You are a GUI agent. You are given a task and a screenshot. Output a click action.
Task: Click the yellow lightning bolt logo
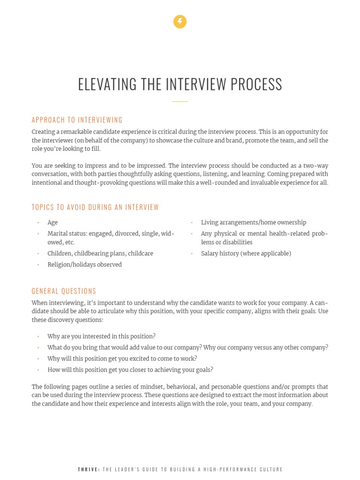point(180,22)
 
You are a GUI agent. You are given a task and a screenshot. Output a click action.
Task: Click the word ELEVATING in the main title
point(107,85)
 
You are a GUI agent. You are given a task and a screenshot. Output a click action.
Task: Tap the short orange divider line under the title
point(180,101)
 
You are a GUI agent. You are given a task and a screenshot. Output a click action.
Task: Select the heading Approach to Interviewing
point(77,120)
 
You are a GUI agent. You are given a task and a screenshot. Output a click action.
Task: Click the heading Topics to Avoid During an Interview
point(95,207)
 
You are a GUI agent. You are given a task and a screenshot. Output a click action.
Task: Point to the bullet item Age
point(52,223)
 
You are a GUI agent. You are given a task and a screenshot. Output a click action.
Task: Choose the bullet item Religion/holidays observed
point(84,265)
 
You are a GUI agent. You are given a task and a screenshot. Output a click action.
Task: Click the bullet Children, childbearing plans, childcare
point(100,254)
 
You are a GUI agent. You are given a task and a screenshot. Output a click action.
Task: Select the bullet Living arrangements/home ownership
point(253,223)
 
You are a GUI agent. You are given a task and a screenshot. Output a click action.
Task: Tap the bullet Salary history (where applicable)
point(246,254)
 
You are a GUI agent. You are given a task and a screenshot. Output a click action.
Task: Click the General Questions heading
point(64,291)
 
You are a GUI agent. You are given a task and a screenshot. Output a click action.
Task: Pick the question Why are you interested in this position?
point(101,337)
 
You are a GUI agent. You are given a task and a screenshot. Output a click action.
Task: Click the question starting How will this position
point(130,370)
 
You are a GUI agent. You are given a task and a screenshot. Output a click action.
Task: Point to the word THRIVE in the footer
point(89,469)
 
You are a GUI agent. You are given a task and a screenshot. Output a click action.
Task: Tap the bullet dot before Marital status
point(38,234)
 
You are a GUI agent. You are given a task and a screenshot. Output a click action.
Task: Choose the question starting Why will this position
point(122,359)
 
